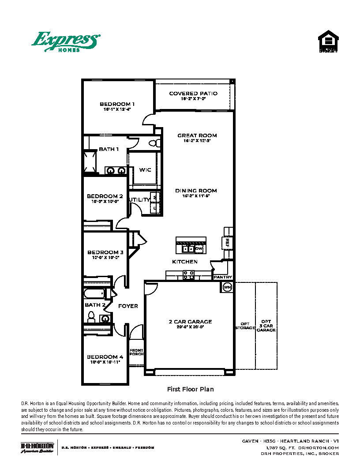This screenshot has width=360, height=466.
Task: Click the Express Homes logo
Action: (65, 42)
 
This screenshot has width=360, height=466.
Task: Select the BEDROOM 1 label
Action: (117, 105)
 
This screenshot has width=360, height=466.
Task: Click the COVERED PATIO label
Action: (193, 94)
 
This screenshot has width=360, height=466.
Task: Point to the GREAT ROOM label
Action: (197, 135)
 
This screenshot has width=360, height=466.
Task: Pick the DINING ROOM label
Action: (196, 191)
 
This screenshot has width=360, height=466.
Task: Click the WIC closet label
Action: (146, 170)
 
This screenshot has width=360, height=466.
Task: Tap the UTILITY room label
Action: (140, 200)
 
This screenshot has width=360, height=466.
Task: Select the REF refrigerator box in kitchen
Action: (228, 243)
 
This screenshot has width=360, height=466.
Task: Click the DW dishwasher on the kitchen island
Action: (199, 249)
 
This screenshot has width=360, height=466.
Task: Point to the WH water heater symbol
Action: (227, 287)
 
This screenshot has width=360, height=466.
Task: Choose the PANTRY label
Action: (223, 277)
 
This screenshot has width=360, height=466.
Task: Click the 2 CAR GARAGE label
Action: (190, 322)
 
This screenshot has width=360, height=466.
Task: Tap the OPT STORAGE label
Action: (245, 326)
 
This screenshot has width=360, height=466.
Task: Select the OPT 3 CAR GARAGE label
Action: (266, 326)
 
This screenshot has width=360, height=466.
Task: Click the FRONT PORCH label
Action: (136, 352)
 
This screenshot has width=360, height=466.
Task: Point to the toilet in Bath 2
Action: (91, 316)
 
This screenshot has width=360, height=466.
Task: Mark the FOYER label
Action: (128, 306)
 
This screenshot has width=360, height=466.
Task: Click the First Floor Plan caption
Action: (190, 389)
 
